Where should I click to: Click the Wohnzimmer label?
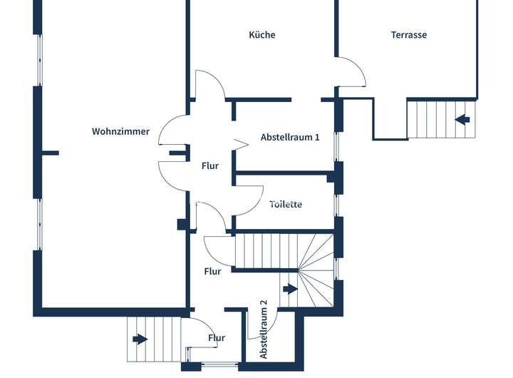[x=120, y=131]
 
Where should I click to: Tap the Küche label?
[x=262, y=35]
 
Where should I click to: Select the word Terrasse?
[x=409, y=35]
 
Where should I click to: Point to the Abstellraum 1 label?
[x=290, y=137]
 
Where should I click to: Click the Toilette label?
[x=286, y=204]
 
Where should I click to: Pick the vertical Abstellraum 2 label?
[x=264, y=330]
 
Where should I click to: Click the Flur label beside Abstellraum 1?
[x=210, y=165]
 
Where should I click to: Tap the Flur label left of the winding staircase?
[x=212, y=271]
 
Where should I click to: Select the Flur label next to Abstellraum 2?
[x=217, y=338]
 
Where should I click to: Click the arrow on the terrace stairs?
[x=462, y=120]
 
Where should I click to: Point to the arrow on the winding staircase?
[x=290, y=289]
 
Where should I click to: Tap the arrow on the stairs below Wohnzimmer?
[x=140, y=339]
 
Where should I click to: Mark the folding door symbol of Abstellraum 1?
[x=241, y=144]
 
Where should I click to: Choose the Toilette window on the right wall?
[x=336, y=205]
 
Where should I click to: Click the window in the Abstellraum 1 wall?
[x=336, y=146]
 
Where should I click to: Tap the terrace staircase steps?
[x=441, y=119]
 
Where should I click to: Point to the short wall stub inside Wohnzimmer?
[x=51, y=153]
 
